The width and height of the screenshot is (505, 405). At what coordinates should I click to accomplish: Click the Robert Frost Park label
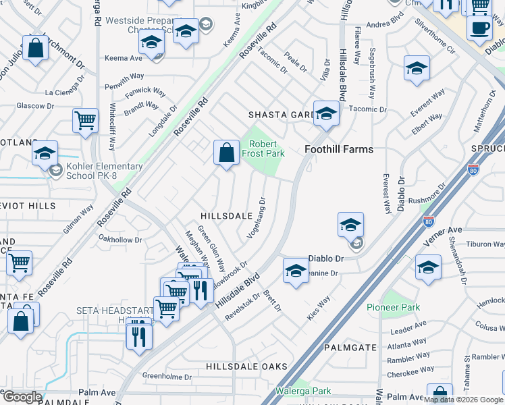pyautogui.click(x=265, y=148)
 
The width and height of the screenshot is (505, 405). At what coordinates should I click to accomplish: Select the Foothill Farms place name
pyautogui.click(x=339, y=149)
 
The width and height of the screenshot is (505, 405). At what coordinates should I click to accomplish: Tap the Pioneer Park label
pyautogui.click(x=393, y=308)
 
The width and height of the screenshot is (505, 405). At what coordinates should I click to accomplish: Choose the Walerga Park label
pyautogui.click(x=303, y=391)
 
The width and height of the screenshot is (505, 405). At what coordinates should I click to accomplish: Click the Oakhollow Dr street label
pyautogui.click(x=120, y=239)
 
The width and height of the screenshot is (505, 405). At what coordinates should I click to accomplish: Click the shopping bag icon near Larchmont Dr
pyautogui.click(x=35, y=49)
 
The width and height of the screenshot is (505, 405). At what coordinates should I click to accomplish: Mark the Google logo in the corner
pyautogui.click(x=22, y=397)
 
